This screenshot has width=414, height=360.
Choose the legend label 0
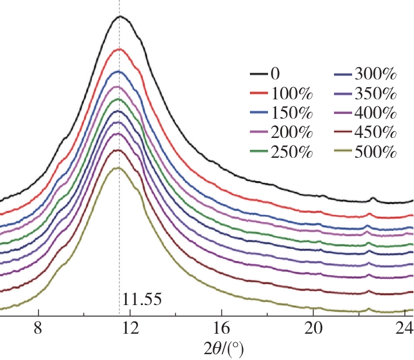(275, 74)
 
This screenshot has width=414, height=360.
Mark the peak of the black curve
(120, 16)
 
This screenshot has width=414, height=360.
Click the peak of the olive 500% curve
(119, 168)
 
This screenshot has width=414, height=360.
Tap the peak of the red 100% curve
(119, 49)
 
